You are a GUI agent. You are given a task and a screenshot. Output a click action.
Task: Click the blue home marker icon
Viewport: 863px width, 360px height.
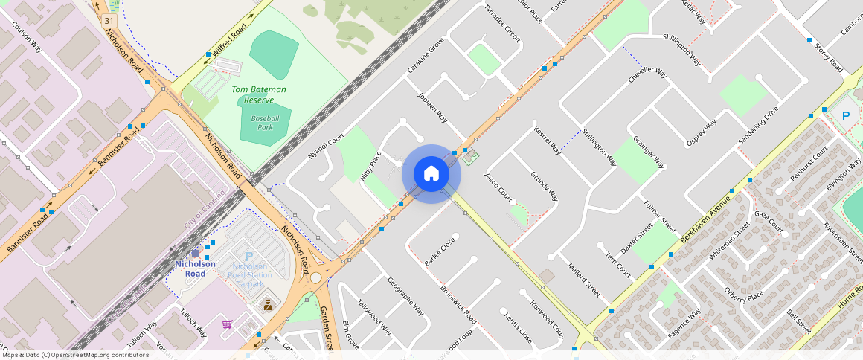431,174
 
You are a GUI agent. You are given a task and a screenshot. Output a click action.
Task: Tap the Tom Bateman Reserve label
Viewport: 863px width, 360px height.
258,94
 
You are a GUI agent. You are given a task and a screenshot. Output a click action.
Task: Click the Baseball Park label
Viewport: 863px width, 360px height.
265,123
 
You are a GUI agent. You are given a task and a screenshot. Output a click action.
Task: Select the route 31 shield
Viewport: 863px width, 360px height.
110,20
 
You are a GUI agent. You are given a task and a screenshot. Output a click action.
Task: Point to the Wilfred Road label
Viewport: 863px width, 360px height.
228,41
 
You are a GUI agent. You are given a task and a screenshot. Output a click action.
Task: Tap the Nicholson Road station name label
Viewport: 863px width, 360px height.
195,269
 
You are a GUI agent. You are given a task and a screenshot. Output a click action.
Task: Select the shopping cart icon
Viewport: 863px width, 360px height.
227,324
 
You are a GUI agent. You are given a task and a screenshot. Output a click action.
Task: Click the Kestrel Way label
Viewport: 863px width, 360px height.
548,140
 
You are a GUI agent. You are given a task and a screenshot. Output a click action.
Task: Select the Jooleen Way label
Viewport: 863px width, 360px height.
432,108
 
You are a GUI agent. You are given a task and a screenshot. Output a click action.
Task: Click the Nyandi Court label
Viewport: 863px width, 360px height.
327,147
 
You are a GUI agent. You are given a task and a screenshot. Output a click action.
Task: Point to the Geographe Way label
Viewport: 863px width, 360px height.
405,295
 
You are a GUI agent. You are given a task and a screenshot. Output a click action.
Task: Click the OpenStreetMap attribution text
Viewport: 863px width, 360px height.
74,355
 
